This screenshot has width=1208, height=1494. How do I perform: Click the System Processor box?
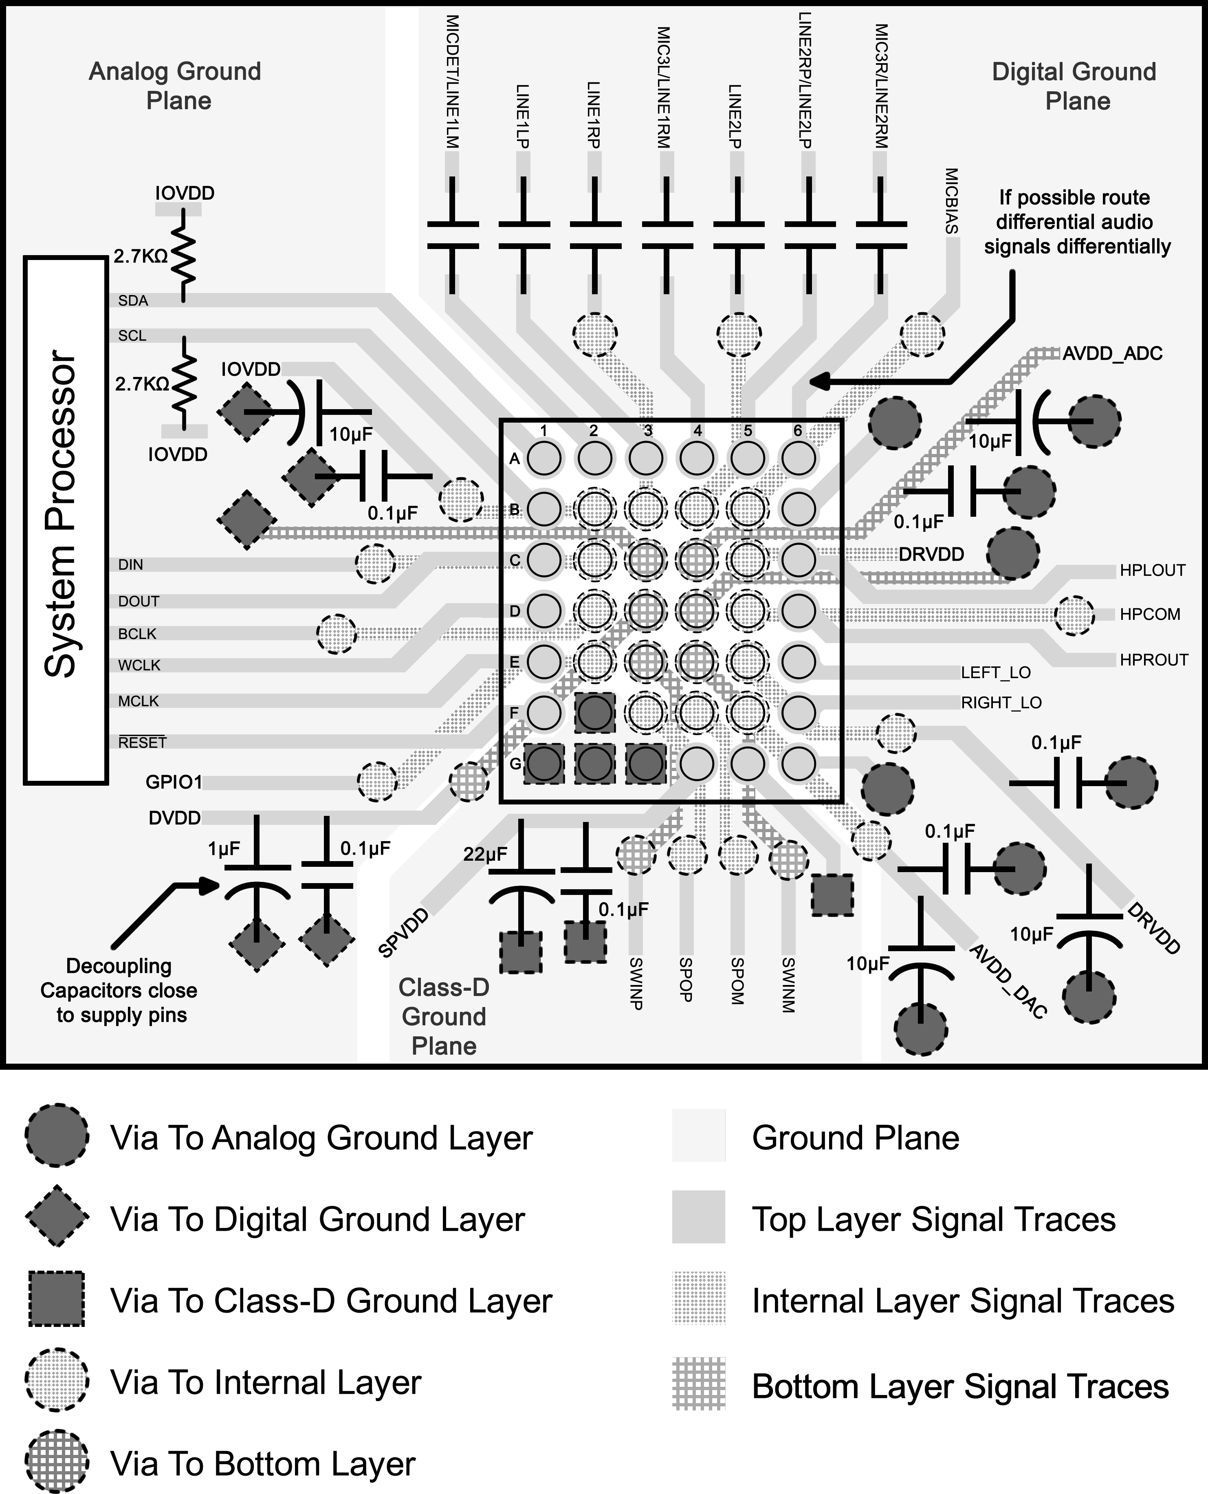point(66,520)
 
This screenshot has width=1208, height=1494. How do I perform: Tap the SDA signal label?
point(133,301)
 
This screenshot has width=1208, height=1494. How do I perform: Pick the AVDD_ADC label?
point(1112,353)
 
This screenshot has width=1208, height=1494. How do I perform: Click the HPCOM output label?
point(1150,615)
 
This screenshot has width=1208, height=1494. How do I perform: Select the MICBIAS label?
point(951,201)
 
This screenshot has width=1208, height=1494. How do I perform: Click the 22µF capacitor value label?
point(485,854)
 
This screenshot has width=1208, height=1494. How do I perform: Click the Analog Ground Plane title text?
point(176,86)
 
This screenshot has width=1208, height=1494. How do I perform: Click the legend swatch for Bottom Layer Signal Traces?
point(699,1384)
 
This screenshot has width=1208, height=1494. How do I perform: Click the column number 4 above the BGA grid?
point(697,431)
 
